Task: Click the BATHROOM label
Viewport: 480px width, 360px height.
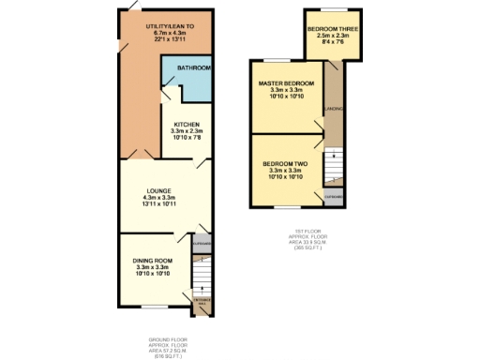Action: point(194,68)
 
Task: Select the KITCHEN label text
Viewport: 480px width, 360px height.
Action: point(183,125)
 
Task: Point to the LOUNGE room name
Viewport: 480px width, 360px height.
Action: point(158,190)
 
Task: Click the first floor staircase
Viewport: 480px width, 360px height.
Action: point(333,168)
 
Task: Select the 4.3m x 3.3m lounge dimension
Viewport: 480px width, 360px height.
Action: point(158,198)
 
